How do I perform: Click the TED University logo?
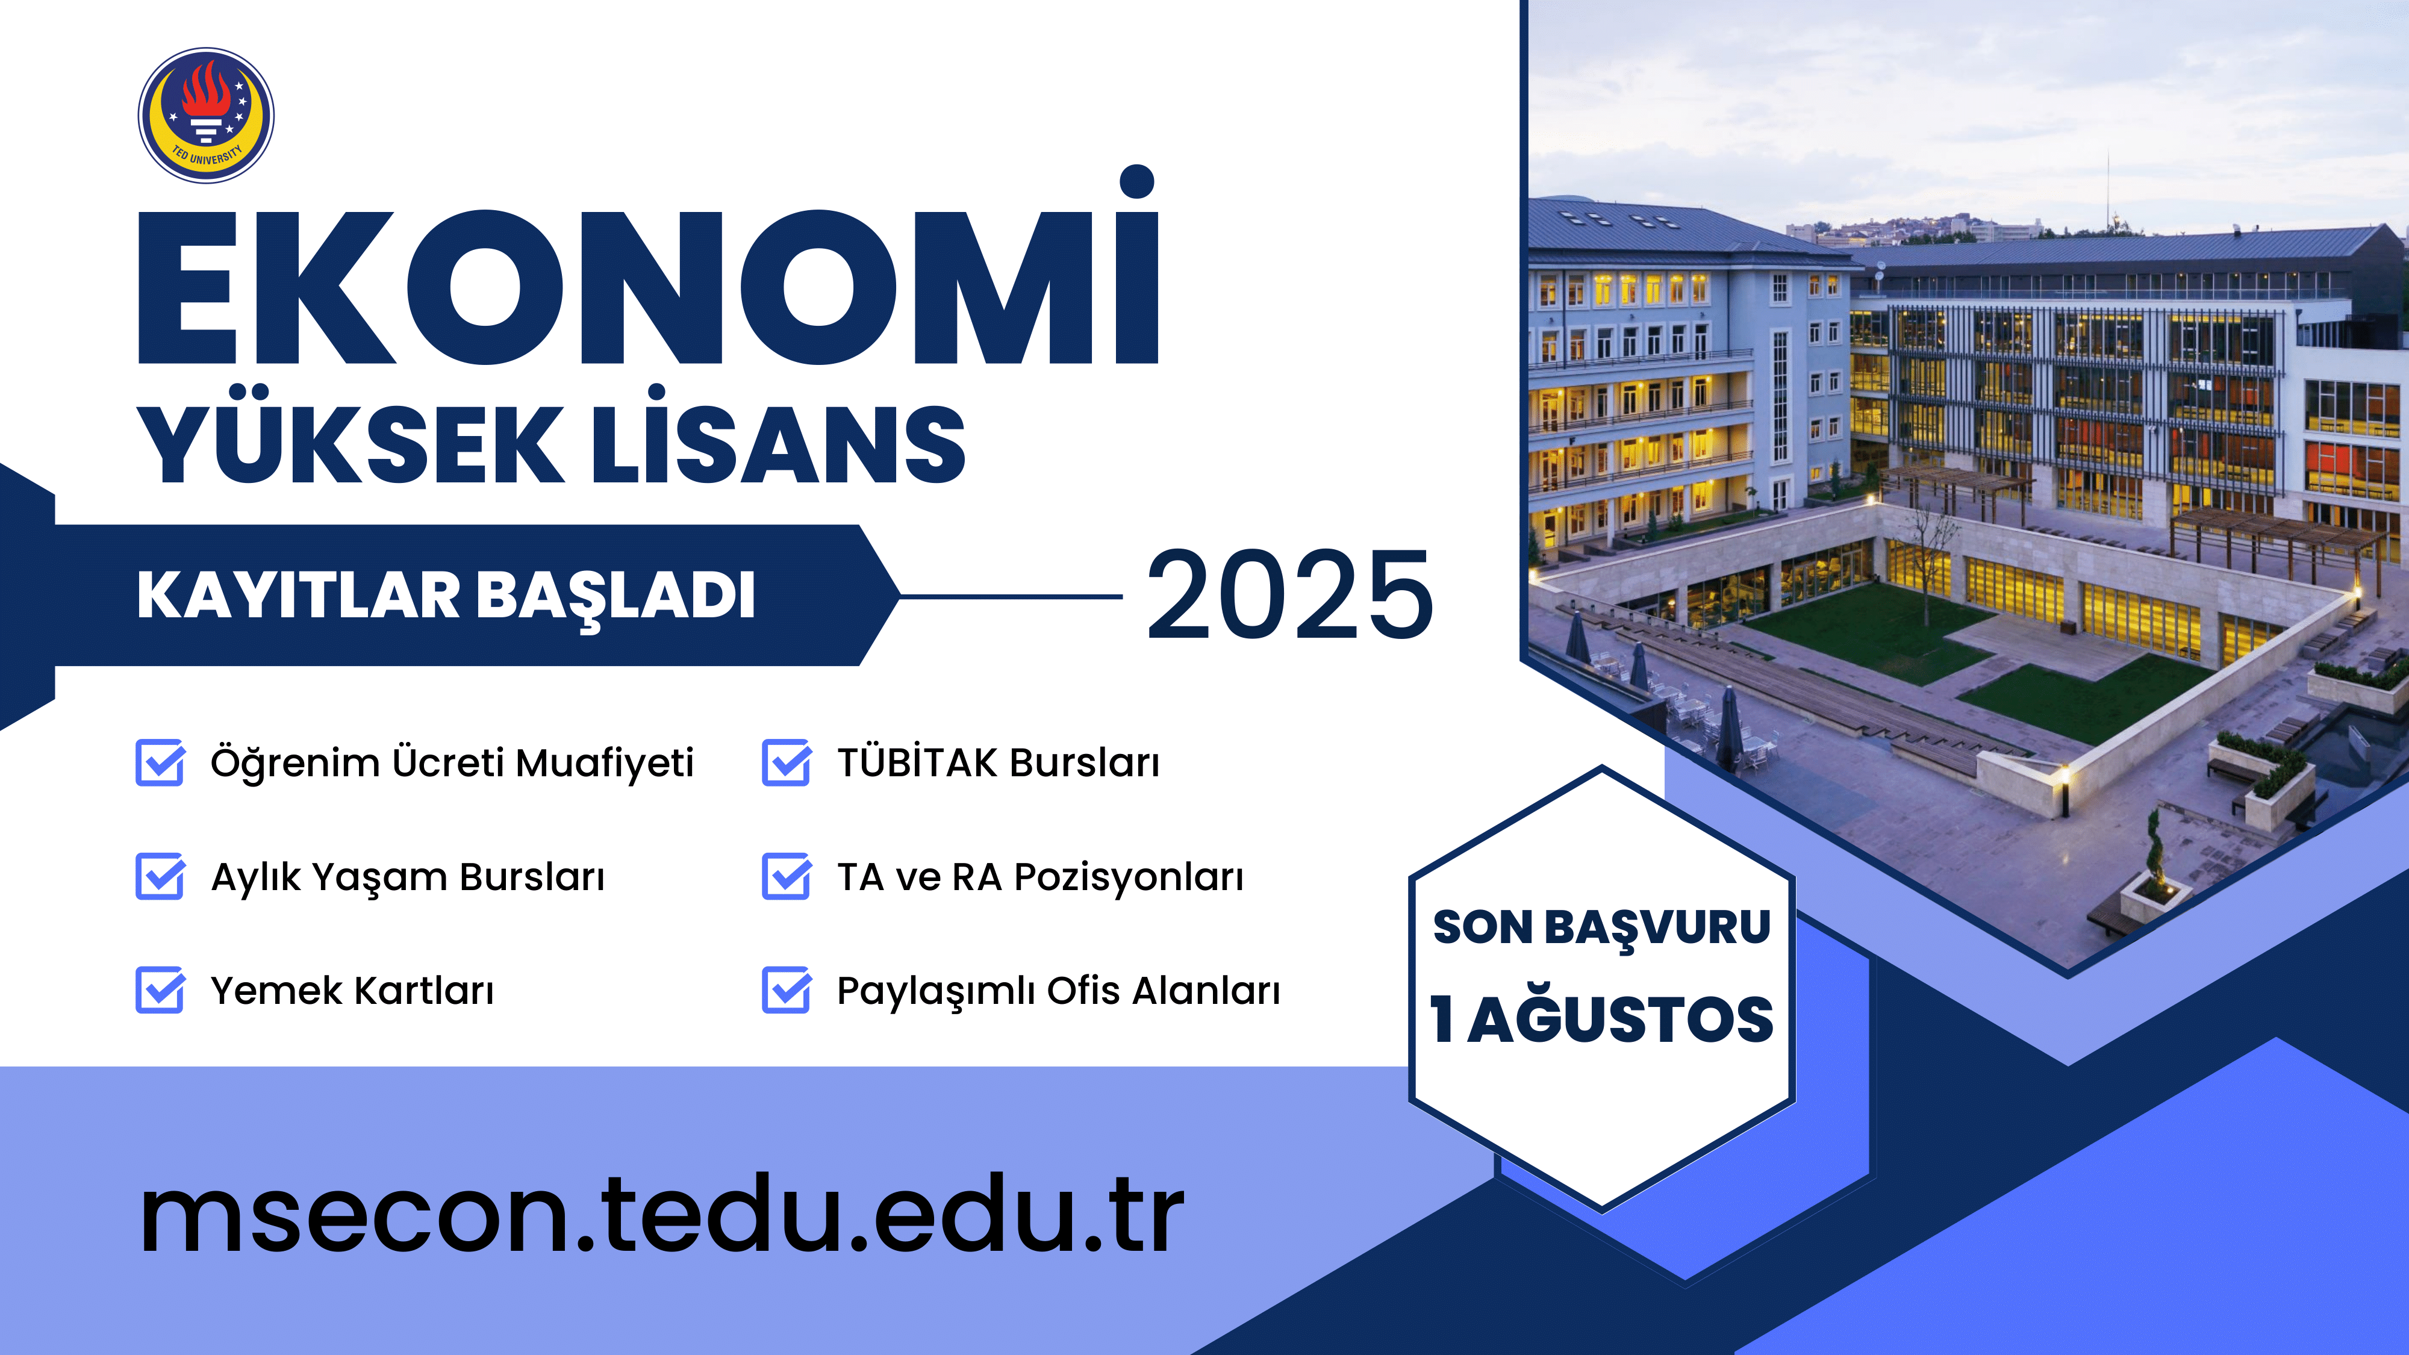(206, 115)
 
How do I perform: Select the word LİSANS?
(778, 437)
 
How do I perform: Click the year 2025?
(1289, 596)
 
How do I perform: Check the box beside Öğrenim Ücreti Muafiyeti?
(161, 762)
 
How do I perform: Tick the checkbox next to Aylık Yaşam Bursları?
(161, 876)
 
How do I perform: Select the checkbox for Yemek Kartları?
(161, 990)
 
